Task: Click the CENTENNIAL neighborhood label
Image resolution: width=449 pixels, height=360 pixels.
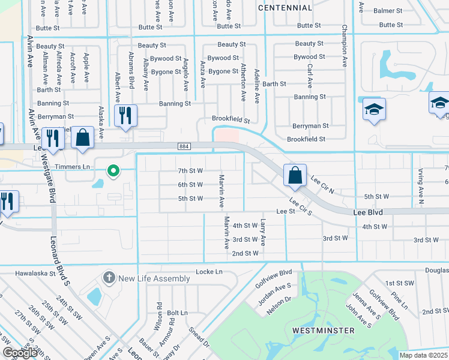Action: pos(285,8)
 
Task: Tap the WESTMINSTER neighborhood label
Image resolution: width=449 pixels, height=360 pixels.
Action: pos(324,331)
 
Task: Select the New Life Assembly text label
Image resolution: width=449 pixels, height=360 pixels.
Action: pos(155,278)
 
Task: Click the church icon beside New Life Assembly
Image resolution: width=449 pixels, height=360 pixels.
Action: pos(109,278)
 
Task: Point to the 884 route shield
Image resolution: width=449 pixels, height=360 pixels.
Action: pos(184,146)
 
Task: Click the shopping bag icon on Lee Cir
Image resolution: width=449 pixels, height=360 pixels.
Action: pos(295,175)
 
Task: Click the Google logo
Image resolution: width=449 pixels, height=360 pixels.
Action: pos(20,353)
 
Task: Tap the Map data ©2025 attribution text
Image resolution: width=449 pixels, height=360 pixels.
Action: pos(423,355)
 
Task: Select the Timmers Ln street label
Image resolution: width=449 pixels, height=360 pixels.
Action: pos(72,167)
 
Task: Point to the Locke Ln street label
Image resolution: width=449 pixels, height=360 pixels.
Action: pos(209,272)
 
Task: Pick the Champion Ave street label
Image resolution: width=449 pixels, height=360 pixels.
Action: pos(345,46)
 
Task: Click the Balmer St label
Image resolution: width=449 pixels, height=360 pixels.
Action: pos(388,11)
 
